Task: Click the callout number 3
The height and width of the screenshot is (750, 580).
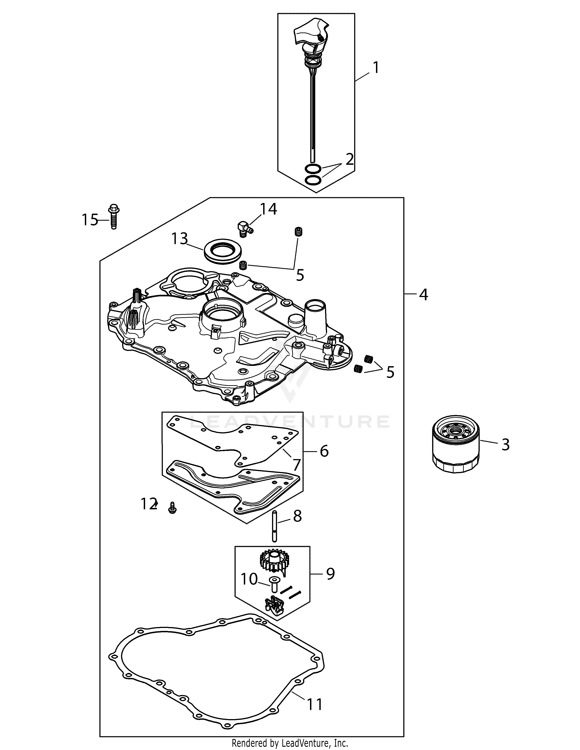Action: pos(505,445)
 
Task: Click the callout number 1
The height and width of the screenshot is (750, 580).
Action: pos(376,68)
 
